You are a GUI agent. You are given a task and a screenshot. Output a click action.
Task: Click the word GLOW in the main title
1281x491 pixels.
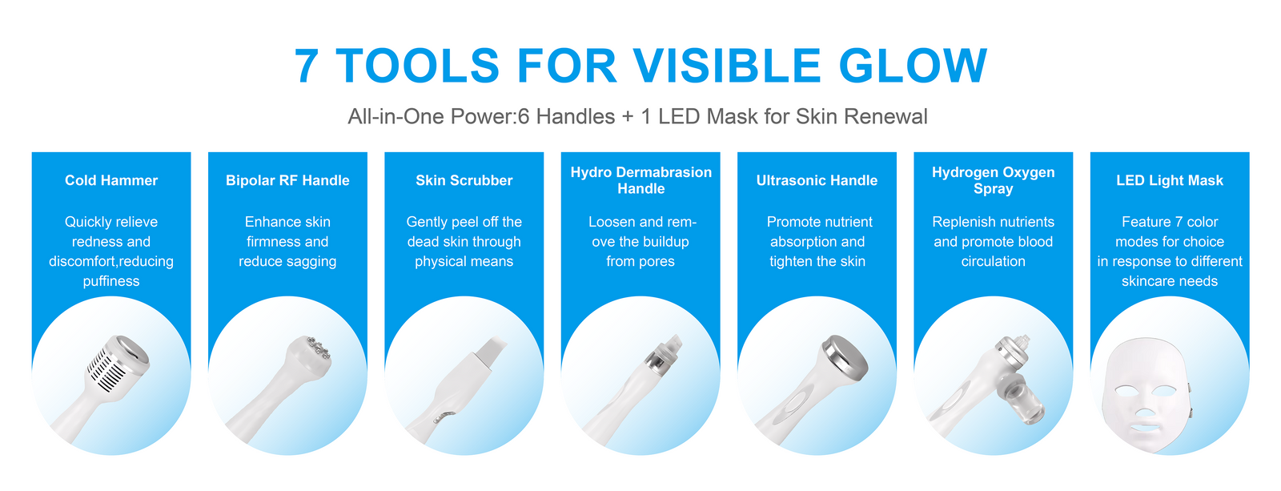(x=913, y=66)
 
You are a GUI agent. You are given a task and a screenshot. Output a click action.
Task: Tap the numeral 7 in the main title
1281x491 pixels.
(x=306, y=66)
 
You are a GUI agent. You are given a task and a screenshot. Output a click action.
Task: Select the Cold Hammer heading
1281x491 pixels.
(x=111, y=180)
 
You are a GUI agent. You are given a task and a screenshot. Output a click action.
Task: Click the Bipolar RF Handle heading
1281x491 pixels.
(x=287, y=180)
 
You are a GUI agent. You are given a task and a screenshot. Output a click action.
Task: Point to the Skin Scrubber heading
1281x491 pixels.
(x=464, y=180)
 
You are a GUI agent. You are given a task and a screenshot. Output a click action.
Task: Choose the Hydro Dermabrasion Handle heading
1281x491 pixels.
(x=641, y=180)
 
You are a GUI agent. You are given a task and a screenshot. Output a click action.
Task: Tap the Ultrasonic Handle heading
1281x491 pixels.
(x=817, y=180)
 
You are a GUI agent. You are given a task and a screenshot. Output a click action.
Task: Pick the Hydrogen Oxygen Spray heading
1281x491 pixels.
(x=994, y=180)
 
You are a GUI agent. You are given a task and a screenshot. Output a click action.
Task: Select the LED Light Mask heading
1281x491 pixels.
(x=1170, y=180)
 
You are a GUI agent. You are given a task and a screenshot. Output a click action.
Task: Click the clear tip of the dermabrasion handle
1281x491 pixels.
(x=673, y=344)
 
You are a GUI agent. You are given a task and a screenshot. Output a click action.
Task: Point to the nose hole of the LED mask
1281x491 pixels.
(x=1145, y=412)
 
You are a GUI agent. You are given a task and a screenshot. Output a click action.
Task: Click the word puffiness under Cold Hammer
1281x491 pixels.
(x=111, y=282)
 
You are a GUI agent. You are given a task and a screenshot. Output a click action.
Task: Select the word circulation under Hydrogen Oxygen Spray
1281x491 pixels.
(x=994, y=262)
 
